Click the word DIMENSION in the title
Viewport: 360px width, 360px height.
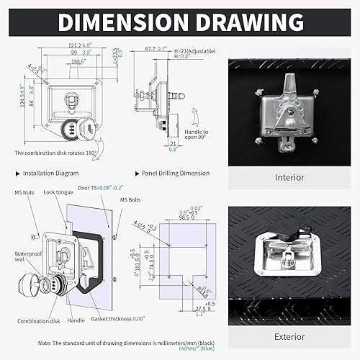coord(125,22)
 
